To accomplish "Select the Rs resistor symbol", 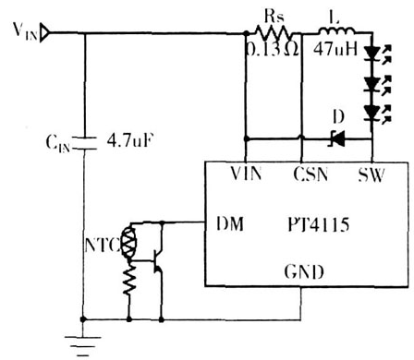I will [x=274, y=34].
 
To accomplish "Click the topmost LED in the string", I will [x=372, y=54].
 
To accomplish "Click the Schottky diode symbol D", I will [x=337, y=140].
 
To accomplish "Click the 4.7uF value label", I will [x=131, y=142].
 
